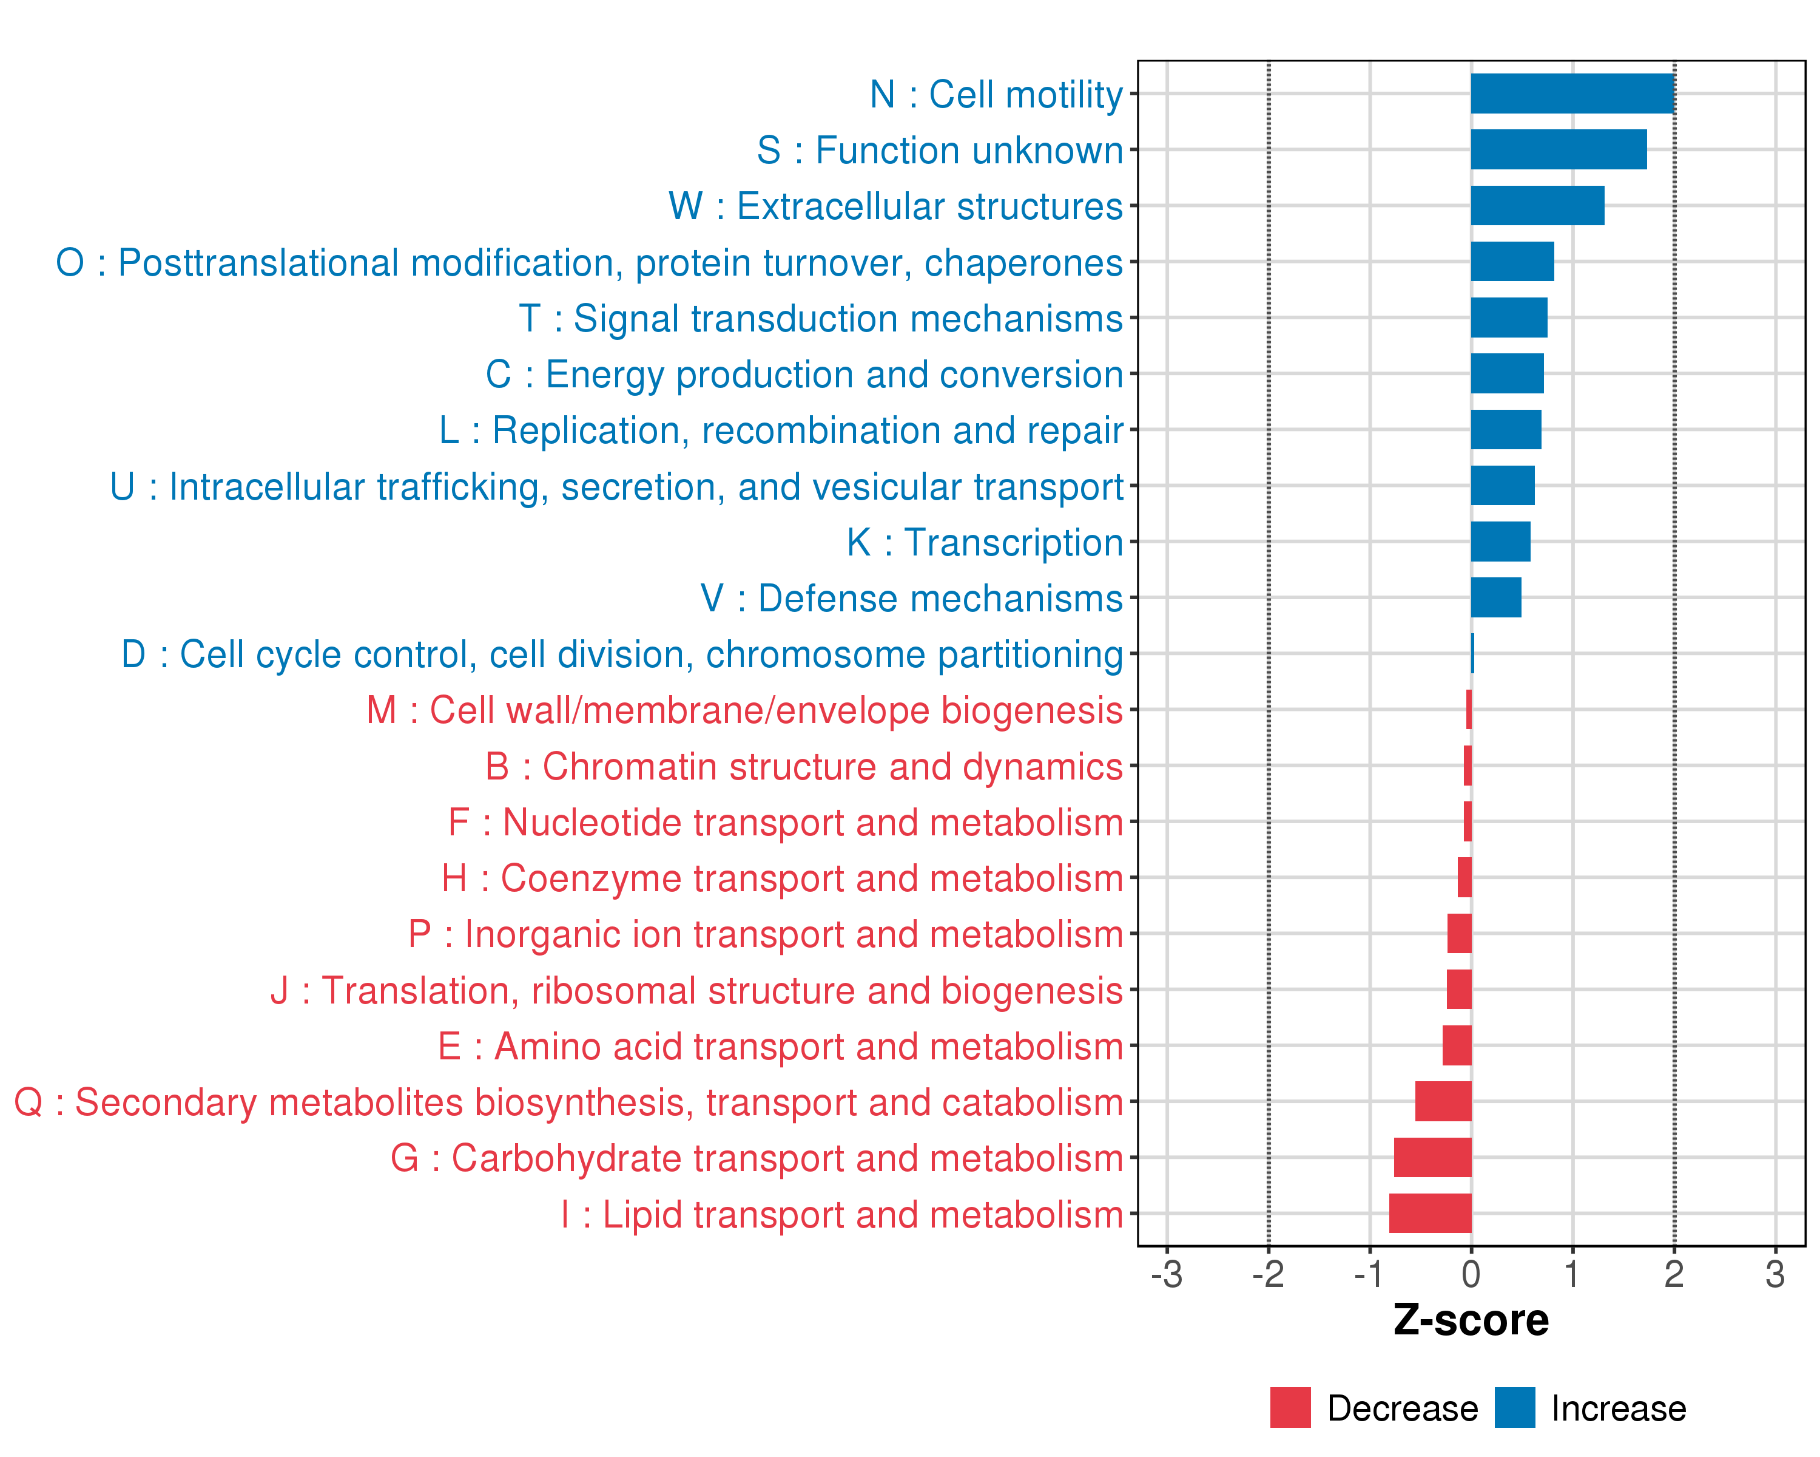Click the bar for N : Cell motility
pos(1572,93)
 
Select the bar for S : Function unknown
pos(1559,149)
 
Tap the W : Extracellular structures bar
pos(1537,205)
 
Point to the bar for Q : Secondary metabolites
pos(1443,1101)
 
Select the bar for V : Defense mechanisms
pos(1496,597)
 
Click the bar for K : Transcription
pos(1500,542)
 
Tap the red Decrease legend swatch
pos(1290,1407)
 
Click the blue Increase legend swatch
pos(1514,1407)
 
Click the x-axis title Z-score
pos(1471,1320)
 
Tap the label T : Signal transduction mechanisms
pos(821,319)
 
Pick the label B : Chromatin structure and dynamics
pos(804,767)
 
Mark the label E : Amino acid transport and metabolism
pos(780,1047)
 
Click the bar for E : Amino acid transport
pos(1457,1045)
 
